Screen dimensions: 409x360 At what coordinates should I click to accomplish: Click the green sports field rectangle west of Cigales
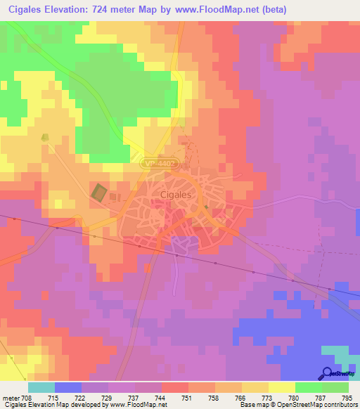coord(99,192)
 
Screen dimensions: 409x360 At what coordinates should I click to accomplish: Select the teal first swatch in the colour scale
coord(41,387)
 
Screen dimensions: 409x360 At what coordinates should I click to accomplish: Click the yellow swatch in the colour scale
coord(281,387)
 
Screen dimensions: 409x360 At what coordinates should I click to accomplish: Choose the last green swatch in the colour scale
coord(335,387)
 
